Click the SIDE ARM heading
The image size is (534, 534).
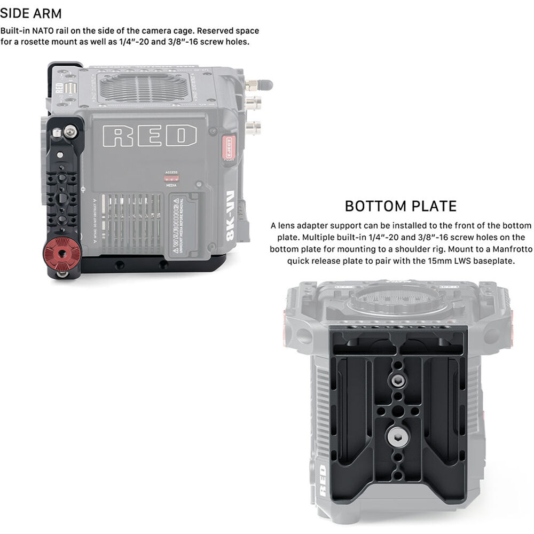[x=31, y=13]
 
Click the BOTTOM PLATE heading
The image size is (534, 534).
[x=400, y=206]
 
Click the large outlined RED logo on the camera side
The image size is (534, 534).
[x=150, y=136]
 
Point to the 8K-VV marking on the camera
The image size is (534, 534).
[x=230, y=224]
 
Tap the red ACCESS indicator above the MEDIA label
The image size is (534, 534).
[x=171, y=178]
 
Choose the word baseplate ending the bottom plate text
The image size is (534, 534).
[x=492, y=261]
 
